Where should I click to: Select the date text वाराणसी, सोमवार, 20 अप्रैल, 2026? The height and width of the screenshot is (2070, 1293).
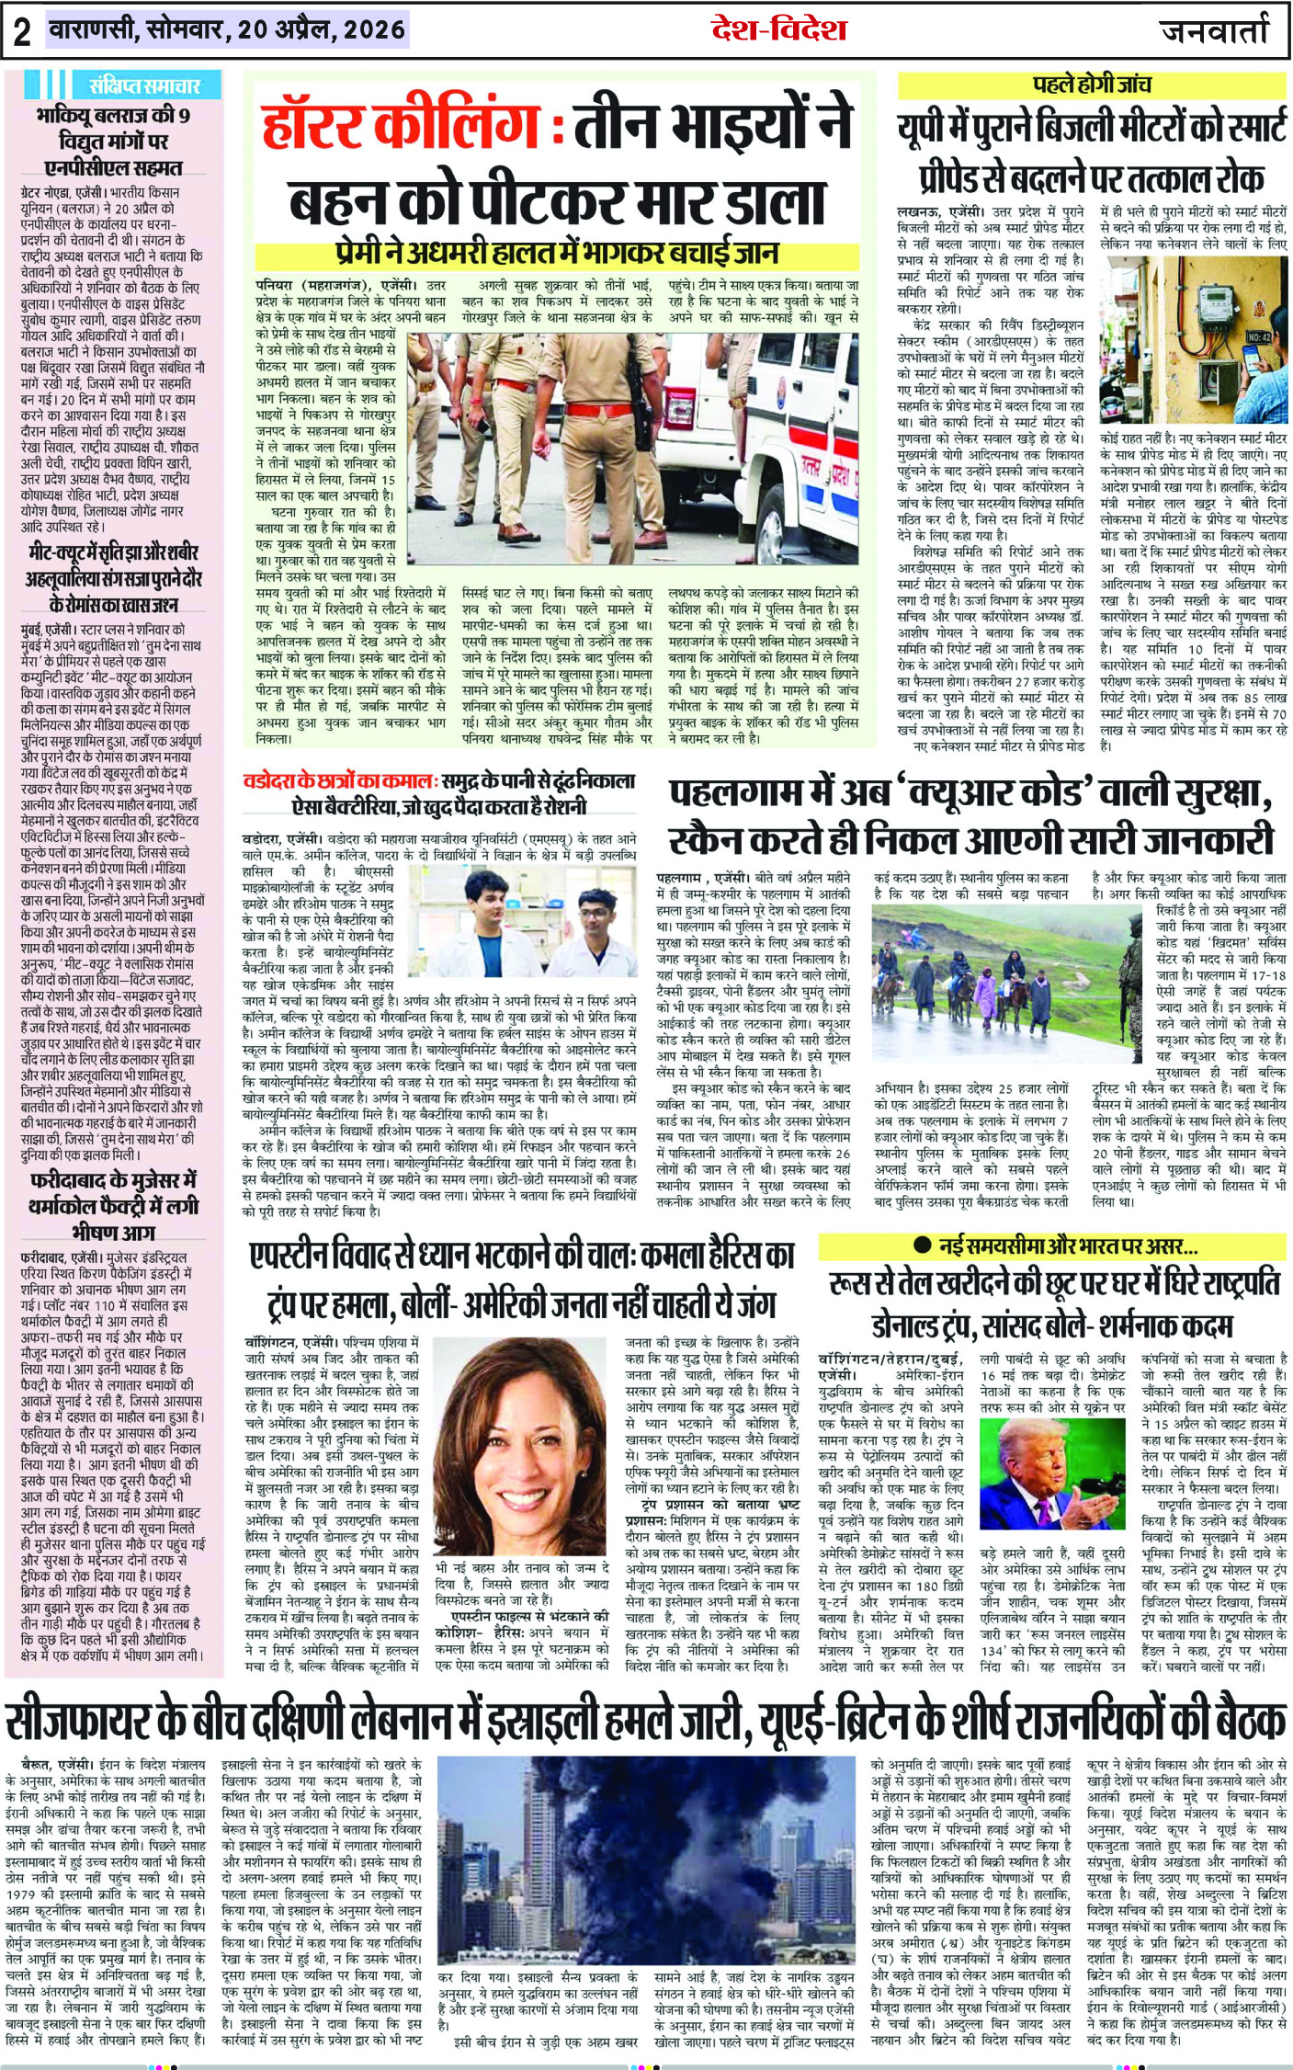(x=227, y=30)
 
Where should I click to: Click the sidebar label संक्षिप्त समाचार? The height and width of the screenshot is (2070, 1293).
(x=144, y=86)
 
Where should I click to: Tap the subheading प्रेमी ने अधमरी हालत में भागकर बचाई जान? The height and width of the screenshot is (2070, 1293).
(x=557, y=254)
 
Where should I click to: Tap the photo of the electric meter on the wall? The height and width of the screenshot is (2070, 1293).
(x=1193, y=339)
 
